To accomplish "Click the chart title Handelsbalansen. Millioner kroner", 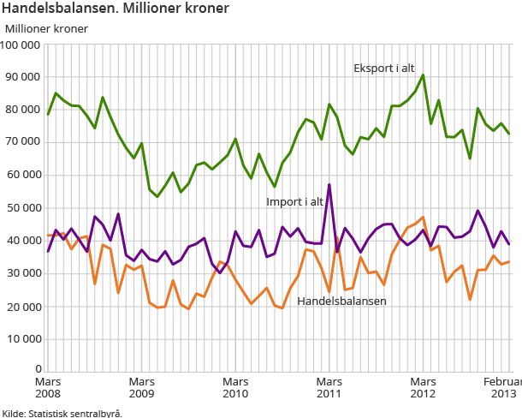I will click(115, 9).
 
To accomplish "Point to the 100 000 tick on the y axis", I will click(21, 44).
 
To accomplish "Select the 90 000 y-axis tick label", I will click(23, 77).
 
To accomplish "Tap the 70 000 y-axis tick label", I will click(23, 142).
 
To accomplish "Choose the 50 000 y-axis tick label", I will click(23, 208).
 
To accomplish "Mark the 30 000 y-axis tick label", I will click(23, 273).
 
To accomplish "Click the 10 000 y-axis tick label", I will click(23, 338).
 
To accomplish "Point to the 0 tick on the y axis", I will click(37, 370).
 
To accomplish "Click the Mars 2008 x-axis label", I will click(48, 386).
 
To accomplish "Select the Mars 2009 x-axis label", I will click(142, 386).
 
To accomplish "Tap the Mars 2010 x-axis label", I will click(235, 386).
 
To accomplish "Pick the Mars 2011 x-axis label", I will click(329, 386).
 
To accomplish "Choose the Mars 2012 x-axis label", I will click(423, 386).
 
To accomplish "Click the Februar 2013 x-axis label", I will click(503, 386).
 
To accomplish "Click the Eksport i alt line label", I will click(385, 68).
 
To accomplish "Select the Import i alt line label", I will click(295, 202).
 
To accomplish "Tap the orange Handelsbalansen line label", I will click(341, 301).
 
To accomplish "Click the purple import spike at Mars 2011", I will click(329, 185).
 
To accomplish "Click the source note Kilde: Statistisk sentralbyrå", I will click(62, 412).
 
